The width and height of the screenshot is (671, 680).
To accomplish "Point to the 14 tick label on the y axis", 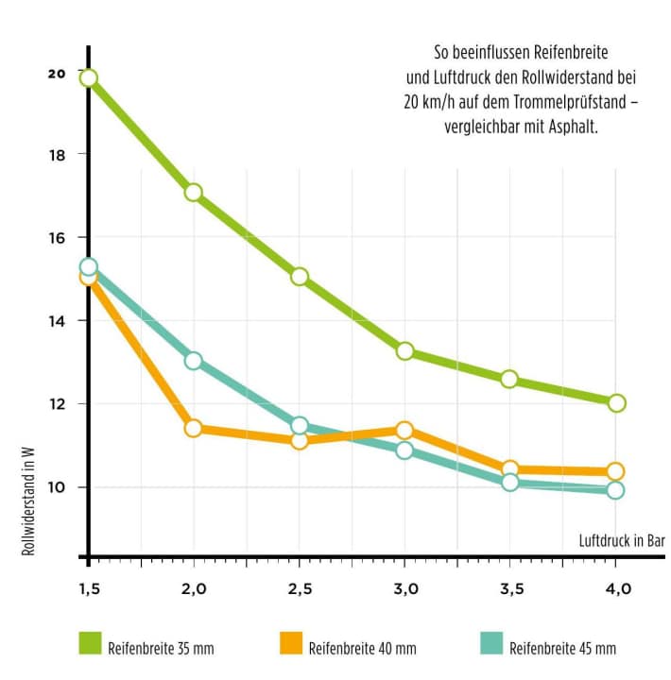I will coord(58,320).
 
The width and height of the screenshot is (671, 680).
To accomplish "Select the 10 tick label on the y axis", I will coord(58,486).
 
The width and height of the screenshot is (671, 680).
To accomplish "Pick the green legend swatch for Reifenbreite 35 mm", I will coord(90,644).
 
